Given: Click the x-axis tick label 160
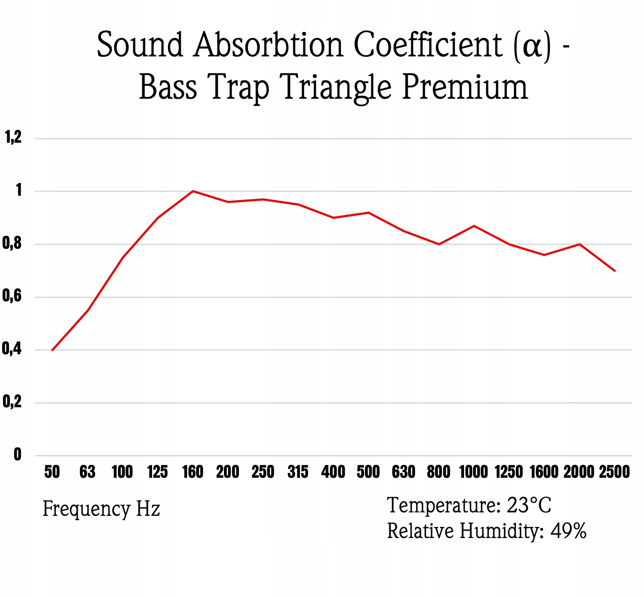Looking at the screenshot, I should tap(193, 472).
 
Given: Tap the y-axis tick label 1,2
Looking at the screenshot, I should tap(13, 137).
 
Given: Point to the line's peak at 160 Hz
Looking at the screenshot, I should tap(193, 191).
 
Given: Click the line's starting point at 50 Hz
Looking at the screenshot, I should tap(52, 350).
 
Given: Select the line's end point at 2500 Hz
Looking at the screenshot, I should tap(615, 271).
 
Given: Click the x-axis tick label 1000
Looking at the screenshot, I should tap(473, 472).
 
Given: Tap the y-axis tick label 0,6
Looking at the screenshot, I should tap(12, 296).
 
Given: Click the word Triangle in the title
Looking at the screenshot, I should tap(335, 88).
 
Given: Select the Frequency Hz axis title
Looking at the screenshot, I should tap(101, 509).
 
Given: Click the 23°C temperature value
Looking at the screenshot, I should tap(529, 505).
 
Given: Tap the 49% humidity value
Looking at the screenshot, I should tap(568, 531).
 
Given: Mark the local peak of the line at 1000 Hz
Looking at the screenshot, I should tap(474, 226).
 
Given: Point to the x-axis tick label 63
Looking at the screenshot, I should tap(87, 472).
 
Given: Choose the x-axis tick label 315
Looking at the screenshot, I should tap(298, 472).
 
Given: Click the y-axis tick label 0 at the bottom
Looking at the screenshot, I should tap(18, 454).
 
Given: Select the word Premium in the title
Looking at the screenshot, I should tap(465, 88).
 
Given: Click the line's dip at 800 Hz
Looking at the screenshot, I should tap(439, 244).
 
